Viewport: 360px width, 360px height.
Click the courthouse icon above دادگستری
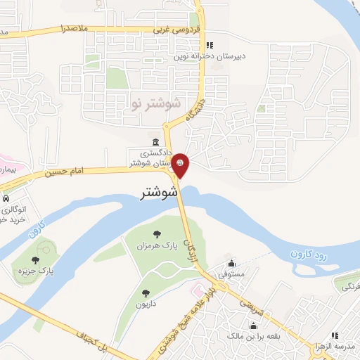coord(155,143)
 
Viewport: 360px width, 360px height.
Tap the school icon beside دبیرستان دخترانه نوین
coord(209,46)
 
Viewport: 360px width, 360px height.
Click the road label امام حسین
coord(67,171)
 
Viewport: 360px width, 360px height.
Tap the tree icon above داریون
coord(146,293)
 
